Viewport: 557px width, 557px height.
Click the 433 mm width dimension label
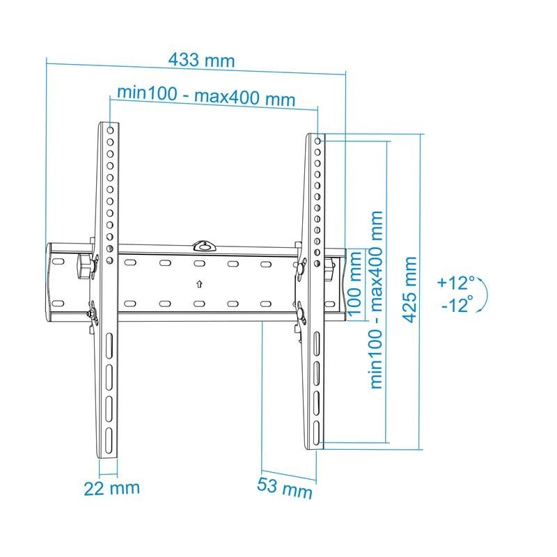201,60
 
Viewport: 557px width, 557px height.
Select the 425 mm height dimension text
410,290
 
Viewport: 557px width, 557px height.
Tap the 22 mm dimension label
111,487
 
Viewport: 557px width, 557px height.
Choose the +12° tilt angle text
455,283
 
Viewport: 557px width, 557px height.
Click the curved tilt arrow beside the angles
482,295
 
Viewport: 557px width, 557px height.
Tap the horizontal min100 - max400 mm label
205,95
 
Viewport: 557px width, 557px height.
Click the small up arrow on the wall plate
199,283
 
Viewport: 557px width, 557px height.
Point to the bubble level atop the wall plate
203,244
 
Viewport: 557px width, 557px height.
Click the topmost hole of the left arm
110,130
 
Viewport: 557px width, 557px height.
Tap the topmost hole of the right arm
318,141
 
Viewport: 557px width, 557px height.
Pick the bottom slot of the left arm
109,440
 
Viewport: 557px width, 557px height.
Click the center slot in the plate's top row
198,264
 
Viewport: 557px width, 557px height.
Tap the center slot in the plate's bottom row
198,304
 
